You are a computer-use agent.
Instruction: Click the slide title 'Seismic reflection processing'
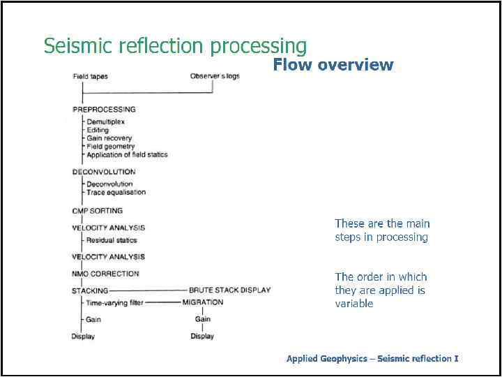(x=175, y=46)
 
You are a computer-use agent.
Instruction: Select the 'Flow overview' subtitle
(x=333, y=65)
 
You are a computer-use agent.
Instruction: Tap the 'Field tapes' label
(x=90, y=76)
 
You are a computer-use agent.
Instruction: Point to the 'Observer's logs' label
(x=215, y=76)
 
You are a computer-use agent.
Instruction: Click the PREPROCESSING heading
(x=104, y=110)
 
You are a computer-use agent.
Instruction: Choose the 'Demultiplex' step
(x=105, y=122)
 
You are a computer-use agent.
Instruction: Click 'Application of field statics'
(x=127, y=155)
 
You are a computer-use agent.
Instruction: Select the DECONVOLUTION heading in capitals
(x=104, y=172)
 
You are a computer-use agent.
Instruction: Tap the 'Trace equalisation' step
(x=116, y=192)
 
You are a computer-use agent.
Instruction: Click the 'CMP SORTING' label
(x=97, y=211)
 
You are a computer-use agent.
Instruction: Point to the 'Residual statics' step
(x=112, y=240)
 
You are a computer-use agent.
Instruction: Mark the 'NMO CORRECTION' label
(x=105, y=274)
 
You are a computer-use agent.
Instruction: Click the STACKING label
(x=90, y=290)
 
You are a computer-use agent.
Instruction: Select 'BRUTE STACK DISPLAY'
(x=229, y=290)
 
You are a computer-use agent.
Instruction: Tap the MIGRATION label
(x=203, y=302)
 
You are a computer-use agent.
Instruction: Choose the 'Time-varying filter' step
(x=115, y=303)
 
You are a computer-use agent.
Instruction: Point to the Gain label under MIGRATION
(x=203, y=319)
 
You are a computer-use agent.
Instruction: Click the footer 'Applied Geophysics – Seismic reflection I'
(x=372, y=359)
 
